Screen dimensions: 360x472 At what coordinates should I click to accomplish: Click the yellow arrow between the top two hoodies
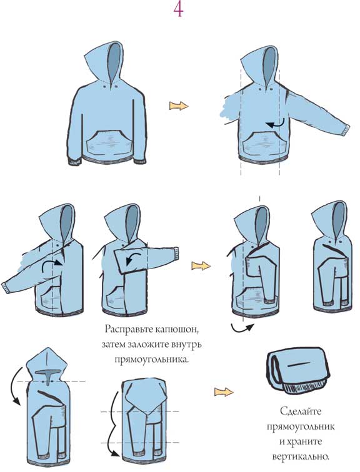point(179,106)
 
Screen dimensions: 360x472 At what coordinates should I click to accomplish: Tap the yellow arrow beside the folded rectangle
point(224,392)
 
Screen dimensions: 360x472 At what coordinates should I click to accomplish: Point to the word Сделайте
point(301,411)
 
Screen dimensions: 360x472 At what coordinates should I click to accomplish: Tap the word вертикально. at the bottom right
point(301,456)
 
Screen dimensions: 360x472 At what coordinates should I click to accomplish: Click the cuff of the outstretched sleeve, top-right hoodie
point(346,130)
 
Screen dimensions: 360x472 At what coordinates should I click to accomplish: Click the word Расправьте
point(128,329)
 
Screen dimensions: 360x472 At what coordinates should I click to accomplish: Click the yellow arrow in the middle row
point(201,265)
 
